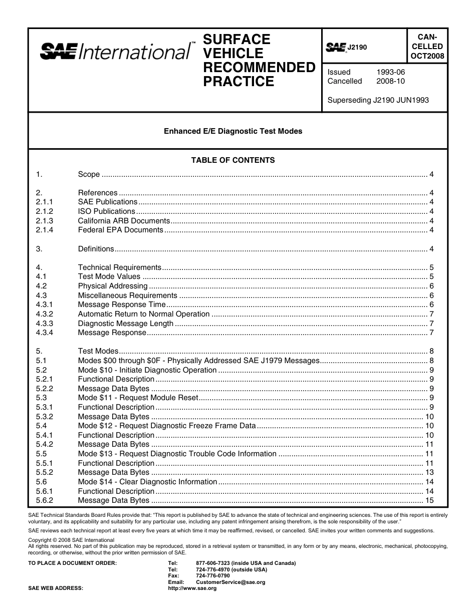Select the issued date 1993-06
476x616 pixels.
click(x=390, y=72)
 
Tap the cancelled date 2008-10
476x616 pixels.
click(x=390, y=81)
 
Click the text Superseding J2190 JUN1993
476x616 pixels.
click(x=378, y=100)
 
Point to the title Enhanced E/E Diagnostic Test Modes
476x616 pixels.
click(x=233, y=131)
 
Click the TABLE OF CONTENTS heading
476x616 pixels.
click(x=233, y=160)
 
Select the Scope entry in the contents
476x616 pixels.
click(x=89, y=174)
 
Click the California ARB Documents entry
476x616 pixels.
click(x=124, y=221)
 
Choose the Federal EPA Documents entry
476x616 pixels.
click(x=120, y=230)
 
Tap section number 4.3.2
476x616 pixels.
click(x=45, y=314)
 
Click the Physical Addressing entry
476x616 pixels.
click(x=113, y=286)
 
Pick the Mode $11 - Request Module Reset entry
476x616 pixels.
click(x=138, y=398)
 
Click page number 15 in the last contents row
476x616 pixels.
click(x=429, y=500)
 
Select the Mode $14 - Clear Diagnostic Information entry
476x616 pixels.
click(x=147, y=482)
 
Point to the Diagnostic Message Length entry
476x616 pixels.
click(x=125, y=324)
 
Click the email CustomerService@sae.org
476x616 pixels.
click(x=230, y=582)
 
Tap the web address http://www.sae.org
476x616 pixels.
click(x=192, y=588)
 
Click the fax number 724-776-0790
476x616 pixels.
click(x=213, y=576)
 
